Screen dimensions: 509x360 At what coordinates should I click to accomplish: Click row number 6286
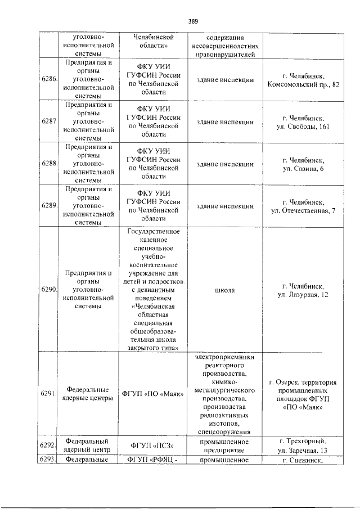[x=49, y=80]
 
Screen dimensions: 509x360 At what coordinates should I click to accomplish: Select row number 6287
[x=49, y=122]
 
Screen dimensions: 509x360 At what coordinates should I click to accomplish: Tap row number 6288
[x=49, y=164]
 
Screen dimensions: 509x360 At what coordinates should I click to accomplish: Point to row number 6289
[x=49, y=206]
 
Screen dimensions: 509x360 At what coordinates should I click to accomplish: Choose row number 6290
[x=49, y=290]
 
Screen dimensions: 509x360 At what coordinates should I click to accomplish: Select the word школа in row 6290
[x=225, y=290]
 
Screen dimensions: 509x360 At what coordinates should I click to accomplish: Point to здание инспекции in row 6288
[x=225, y=164]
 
